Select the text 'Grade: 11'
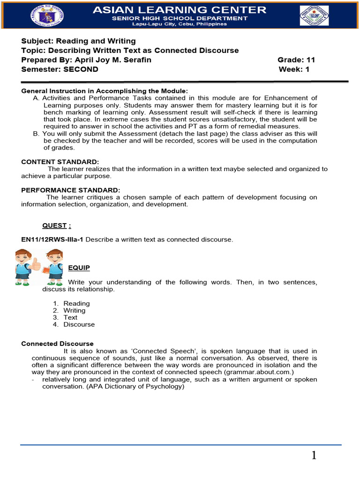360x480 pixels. click(296, 60)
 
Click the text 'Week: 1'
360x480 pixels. click(294, 69)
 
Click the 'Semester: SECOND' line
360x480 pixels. click(60, 69)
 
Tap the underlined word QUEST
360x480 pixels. click(55, 225)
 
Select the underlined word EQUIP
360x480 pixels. click(79, 268)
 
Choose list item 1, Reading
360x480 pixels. click(76, 303)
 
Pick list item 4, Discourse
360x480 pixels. click(79, 324)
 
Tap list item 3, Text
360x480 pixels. click(70, 317)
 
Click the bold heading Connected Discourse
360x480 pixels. click(58, 344)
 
